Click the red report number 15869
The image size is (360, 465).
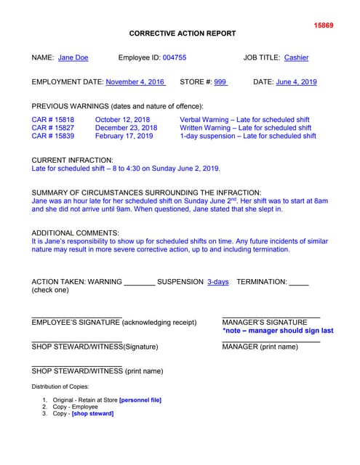click(323, 25)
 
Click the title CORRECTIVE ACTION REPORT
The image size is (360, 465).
click(183, 34)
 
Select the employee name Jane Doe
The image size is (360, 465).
click(73, 57)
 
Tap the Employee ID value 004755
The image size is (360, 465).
click(175, 57)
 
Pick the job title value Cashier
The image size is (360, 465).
click(296, 57)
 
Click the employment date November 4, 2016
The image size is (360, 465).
click(135, 82)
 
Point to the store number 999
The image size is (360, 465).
click(220, 82)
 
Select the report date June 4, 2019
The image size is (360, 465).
click(297, 82)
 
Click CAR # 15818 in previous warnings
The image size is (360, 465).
click(53, 119)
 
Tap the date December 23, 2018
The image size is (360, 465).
click(126, 128)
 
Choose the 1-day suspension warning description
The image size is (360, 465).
click(248, 136)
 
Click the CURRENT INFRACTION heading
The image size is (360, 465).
click(73, 160)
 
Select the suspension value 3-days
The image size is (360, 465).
click(217, 281)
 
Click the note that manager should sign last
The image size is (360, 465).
click(278, 331)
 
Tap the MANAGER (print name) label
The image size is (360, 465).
click(260, 347)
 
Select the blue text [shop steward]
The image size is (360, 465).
click(92, 413)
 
